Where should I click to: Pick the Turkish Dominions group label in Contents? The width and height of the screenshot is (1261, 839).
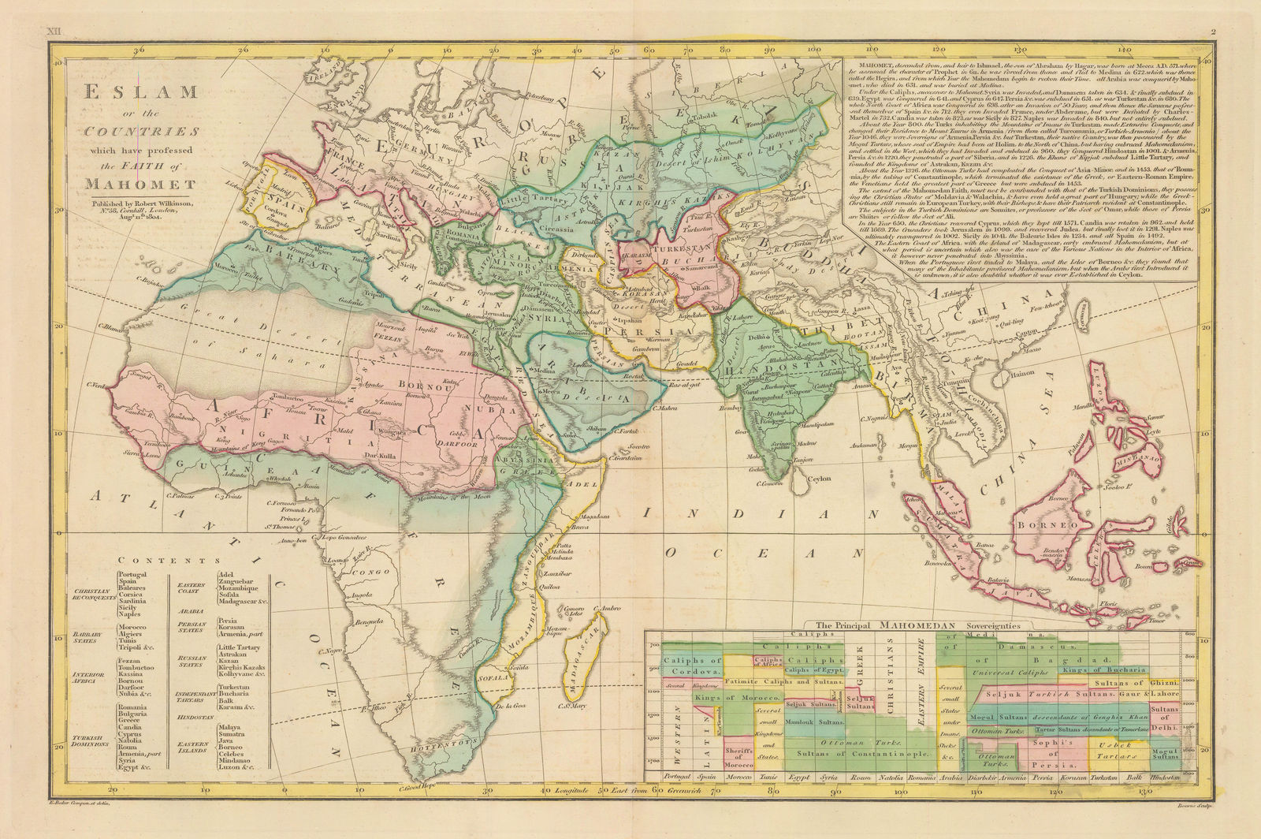[x=88, y=742]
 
